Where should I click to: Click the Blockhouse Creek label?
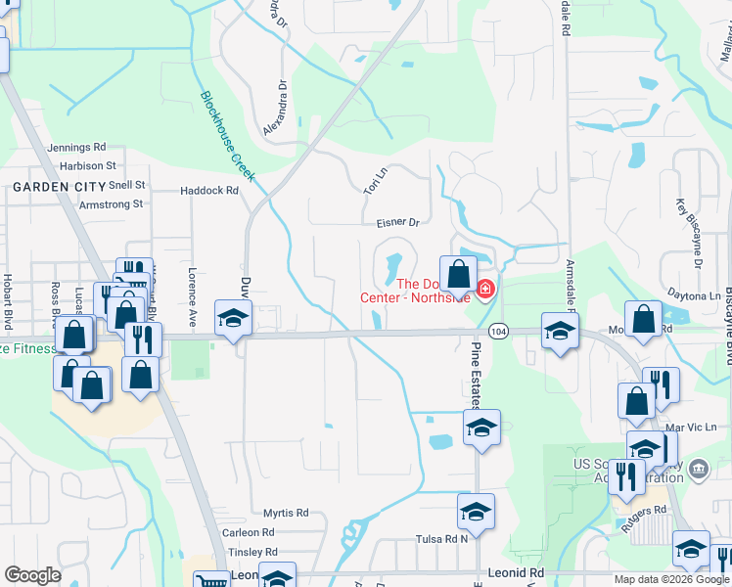coord(227,137)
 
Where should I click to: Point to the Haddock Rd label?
coord(209,191)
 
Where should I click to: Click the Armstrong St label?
coord(111,204)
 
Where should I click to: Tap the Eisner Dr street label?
coord(397,223)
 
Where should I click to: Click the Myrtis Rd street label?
coord(286,513)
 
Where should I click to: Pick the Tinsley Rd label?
coord(252,552)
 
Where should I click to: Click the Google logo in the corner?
coord(32,574)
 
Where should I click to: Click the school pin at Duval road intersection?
coord(234,320)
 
